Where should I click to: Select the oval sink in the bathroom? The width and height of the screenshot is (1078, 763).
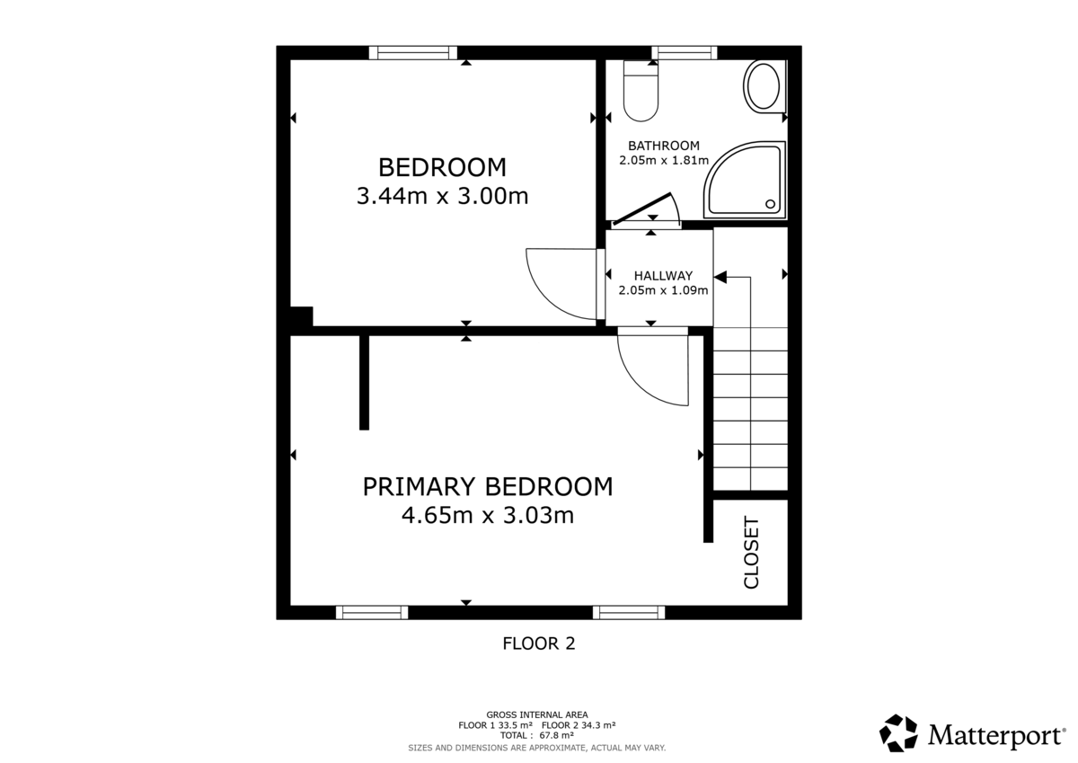pyautogui.click(x=763, y=87)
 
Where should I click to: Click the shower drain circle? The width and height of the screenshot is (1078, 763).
pyautogui.click(x=771, y=204)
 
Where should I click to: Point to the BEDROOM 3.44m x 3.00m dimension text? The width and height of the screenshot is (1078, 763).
pyautogui.click(x=442, y=196)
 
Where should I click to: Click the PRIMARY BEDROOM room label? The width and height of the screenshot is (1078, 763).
pyautogui.click(x=488, y=486)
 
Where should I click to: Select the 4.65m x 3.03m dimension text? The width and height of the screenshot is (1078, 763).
pyautogui.click(x=488, y=516)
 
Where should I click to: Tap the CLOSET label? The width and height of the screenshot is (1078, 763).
pyautogui.click(x=752, y=553)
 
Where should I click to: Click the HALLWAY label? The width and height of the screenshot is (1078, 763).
pyautogui.click(x=663, y=276)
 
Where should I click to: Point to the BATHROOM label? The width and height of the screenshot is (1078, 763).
pyautogui.click(x=663, y=146)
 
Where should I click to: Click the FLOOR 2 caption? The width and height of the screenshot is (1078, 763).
pyautogui.click(x=538, y=643)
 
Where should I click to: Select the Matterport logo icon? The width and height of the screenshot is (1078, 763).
pyautogui.click(x=897, y=732)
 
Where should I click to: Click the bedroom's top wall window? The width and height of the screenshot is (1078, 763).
pyautogui.click(x=413, y=53)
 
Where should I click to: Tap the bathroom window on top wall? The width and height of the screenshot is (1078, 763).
pyautogui.click(x=685, y=53)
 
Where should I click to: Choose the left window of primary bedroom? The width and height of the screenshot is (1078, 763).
pyautogui.click(x=372, y=612)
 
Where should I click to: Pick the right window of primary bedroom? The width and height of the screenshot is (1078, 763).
pyautogui.click(x=629, y=612)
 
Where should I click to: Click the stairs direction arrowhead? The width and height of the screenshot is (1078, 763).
pyautogui.click(x=720, y=279)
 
